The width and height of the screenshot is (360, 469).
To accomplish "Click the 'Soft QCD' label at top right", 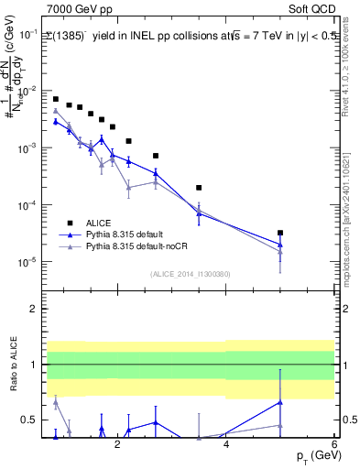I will tap(312, 7).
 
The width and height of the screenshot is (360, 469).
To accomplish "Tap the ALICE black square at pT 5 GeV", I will tap(280, 233).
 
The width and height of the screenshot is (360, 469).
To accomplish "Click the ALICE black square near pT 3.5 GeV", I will tap(199, 188).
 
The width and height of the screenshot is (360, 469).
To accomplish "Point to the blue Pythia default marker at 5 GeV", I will tap(280, 245).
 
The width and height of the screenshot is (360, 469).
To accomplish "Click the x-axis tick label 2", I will tap(117, 444).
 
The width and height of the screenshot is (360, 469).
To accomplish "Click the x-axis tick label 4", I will tap(226, 444).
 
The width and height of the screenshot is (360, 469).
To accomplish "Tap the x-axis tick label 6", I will tap(334, 444).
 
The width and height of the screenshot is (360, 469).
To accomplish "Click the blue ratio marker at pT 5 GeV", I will tap(280, 402).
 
